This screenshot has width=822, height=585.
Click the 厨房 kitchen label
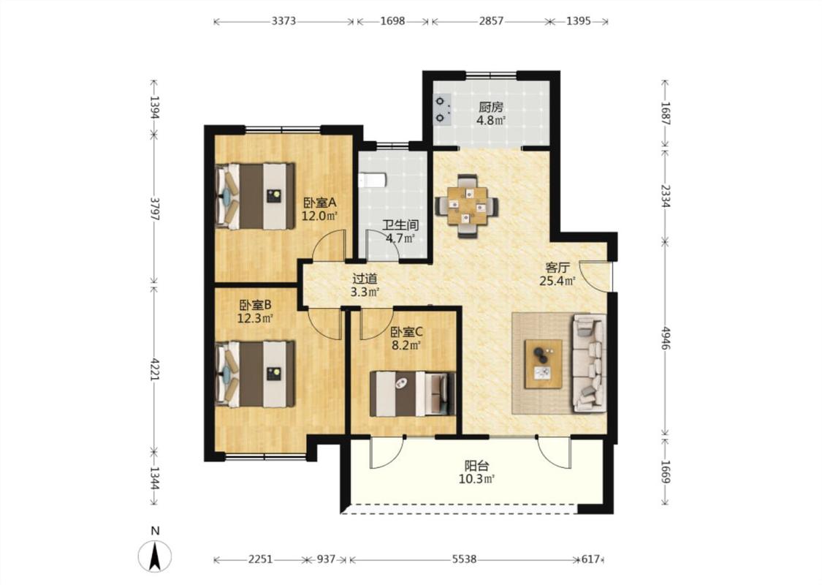(x=491, y=107)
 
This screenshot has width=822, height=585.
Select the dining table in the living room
(x=467, y=206)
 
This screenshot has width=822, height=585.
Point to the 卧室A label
(x=319, y=203)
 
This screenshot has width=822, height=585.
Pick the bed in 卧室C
(x=412, y=393)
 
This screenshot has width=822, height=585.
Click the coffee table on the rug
(x=544, y=363)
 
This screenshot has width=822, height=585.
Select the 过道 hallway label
(x=365, y=279)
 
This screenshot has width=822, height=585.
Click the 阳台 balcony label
(x=477, y=465)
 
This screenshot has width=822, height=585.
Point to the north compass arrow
(x=155, y=556)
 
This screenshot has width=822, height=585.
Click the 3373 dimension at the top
(x=283, y=21)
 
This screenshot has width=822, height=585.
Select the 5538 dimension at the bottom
(x=464, y=560)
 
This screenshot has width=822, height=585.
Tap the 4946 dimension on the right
(x=665, y=338)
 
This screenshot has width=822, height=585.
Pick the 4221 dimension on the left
(x=155, y=371)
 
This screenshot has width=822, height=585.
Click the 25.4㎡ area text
(x=557, y=282)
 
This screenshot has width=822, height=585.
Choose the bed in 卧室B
(x=255, y=374)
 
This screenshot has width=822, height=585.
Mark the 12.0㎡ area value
(x=319, y=215)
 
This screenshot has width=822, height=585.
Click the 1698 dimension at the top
(x=392, y=21)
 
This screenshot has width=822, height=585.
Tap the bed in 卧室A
(x=255, y=196)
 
